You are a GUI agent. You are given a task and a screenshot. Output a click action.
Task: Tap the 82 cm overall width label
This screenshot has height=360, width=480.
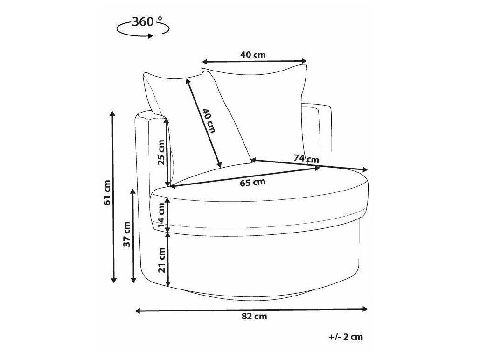pyautogui.click(x=254, y=317)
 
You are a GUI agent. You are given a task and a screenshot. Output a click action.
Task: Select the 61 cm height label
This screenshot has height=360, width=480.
pyautogui.click(x=107, y=193)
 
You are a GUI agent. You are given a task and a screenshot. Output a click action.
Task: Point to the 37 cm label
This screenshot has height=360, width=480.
pyautogui.click(x=127, y=234)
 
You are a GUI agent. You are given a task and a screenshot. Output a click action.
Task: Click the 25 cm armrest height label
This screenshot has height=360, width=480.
pyautogui.click(x=161, y=152)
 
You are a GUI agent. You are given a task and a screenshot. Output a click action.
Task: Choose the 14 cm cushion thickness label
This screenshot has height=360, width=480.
pyautogui.click(x=161, y=216)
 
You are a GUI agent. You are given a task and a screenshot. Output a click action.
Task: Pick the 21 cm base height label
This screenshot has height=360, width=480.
pyautogui.click(x=161, y=260)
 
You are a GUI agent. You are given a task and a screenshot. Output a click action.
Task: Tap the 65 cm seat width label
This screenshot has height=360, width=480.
pyautogui.click(x=252, y=183)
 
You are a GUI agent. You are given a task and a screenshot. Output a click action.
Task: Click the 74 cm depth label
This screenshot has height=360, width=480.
pyautogui.click(x=306, y=159)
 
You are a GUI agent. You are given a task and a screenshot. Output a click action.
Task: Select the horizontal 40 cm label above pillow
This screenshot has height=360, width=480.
pyautogui.click(x=253, y=55)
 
